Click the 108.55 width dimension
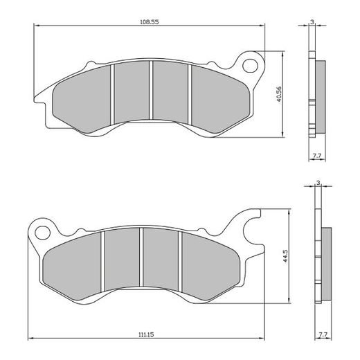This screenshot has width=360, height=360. click(x=150, y=22)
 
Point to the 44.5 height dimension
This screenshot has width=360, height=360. click(x=285, y=258)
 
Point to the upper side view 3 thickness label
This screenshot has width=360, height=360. click(x=313, y=22)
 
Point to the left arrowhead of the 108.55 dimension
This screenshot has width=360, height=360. click(x=36, y=26)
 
